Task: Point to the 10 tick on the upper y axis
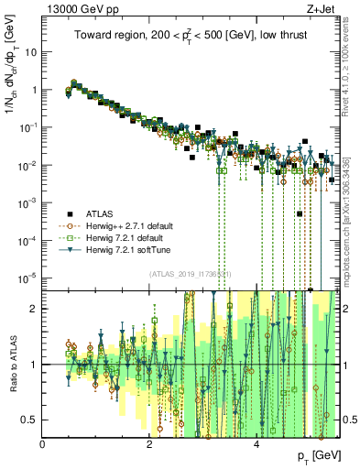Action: (x=32, y=52)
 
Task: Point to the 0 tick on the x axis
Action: (x=43, y=445)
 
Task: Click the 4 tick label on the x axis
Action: (x=256, y=445)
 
